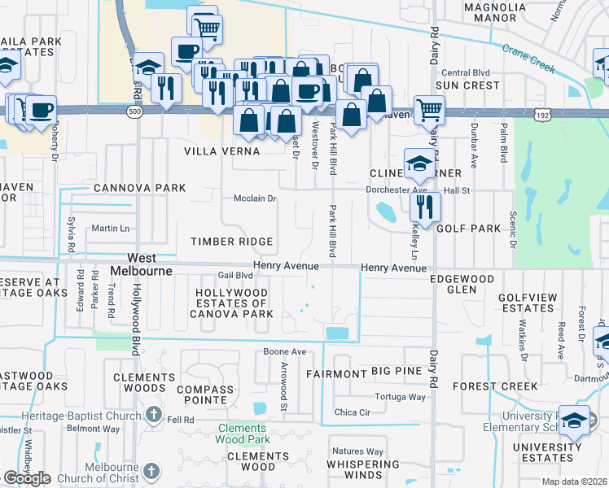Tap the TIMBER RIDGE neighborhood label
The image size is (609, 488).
coord(231,242)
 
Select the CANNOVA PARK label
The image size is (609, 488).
coord(140,188)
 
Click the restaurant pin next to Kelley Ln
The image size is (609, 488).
coord(426,205)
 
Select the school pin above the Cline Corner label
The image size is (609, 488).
coord(419,163)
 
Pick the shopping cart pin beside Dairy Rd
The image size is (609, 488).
coord(429,108)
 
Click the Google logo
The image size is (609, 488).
coord(27,478)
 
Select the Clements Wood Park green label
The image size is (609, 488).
coord(242,434)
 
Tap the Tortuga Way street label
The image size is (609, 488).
coord(400,397)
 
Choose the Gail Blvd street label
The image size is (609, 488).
coord(235,276)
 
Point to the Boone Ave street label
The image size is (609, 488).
coord(284,352)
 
